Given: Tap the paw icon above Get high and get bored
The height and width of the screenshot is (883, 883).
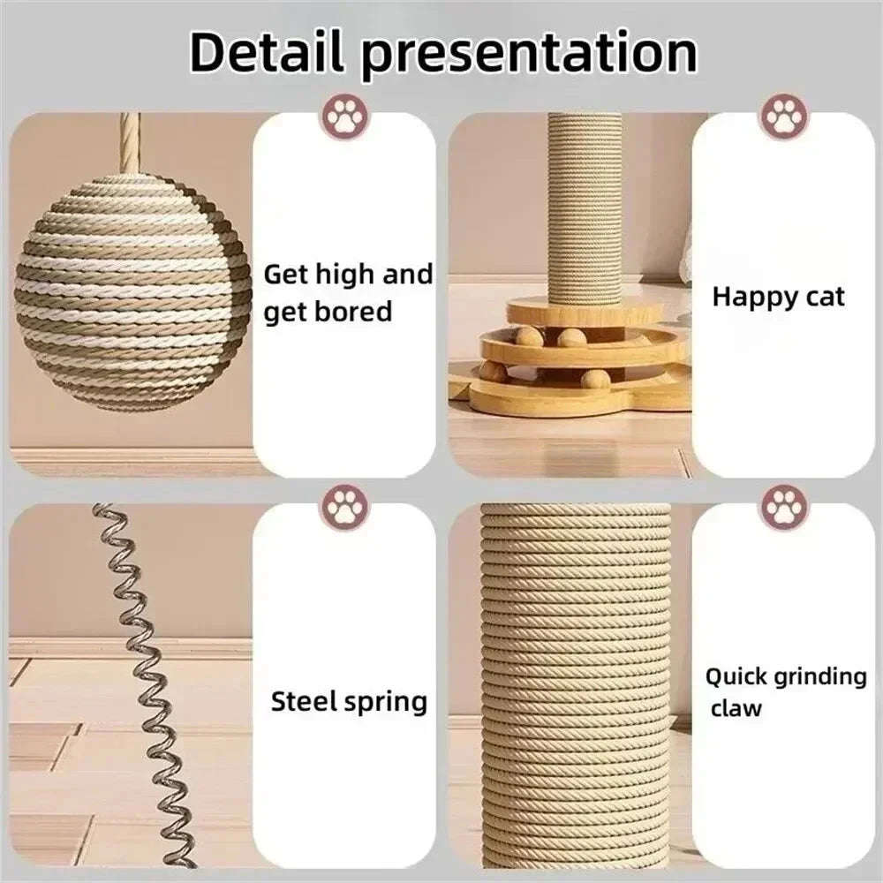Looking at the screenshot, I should click(x=345, y=116).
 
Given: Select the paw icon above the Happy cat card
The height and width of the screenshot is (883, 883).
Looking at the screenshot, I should click(x=783, y=116).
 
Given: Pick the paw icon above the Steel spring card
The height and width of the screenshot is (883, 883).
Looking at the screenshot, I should click(x=345, y=506).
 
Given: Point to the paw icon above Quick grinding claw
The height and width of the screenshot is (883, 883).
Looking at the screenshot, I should click(x=783, y=506).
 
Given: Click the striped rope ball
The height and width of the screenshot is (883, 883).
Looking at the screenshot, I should click(x=133, y=292).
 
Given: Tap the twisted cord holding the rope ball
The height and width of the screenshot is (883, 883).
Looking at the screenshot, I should click(x=131, y=141).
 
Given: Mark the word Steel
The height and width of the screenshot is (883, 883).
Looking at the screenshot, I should click(x=302, y=702).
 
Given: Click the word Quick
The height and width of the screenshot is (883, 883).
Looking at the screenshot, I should click(x=735, y=677).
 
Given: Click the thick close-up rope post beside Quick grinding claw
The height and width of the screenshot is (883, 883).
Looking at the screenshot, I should click(x=575, y=689).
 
